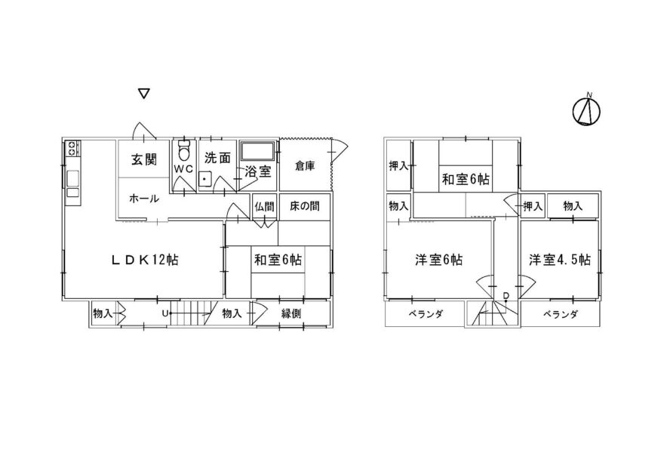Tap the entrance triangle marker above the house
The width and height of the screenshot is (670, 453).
pyautogui.click(x=143, y=94)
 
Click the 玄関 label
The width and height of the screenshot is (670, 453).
pyautogui.click(x=143, y=160)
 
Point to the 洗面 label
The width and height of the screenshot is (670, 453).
pyautogui.click(x=217, y=159)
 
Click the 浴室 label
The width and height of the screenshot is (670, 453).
pyautogui.click(x=258, y=172)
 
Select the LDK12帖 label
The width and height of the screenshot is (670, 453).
pyautogui.click(x=145, y=260)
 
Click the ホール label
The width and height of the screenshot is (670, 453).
pyautogui.click(x=143, y=199)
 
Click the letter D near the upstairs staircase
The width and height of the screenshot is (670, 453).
pyautogui.click(x=506, y=294)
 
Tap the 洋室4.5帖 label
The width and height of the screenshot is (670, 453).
pyautogui.click(x=559, y=260)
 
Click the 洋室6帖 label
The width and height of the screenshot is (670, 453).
pyautogui.click(x=438, y=260)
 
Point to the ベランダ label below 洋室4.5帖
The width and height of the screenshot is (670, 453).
pyautogui.click(x=559, y=314)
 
